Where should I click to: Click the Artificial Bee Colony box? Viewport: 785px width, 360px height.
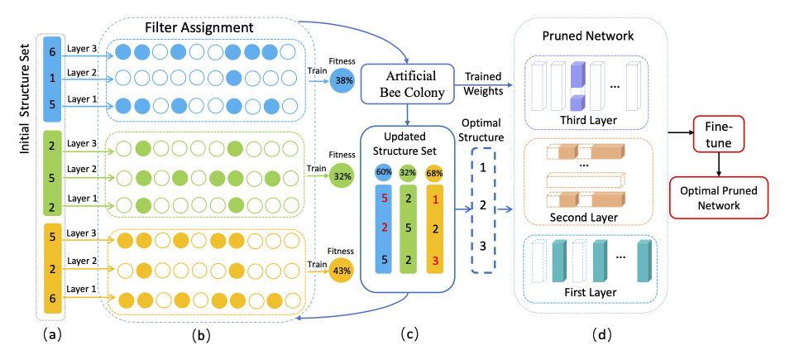point(405,84)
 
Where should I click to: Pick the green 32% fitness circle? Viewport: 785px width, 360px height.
point(342,175)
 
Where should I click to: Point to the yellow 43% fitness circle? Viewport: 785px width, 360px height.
point(342,270)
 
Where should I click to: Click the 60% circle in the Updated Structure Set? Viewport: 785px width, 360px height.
point(384,172)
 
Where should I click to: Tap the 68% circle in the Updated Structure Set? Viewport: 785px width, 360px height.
point(435,172)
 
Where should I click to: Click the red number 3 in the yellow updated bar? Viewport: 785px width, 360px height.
point(435,262)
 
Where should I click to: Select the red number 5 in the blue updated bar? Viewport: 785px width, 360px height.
point(384,199)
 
